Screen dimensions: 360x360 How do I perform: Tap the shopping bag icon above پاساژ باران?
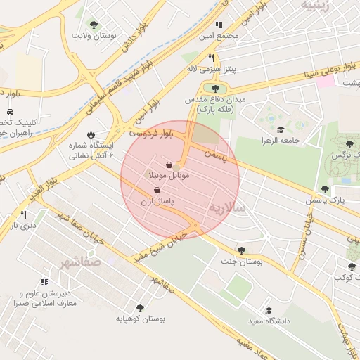[x=156, y=191]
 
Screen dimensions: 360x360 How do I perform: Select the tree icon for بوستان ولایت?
[x=94, y=25]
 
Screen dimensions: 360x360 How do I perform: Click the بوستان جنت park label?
[x=241, y=261]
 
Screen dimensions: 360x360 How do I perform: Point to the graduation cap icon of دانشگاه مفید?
[x=268, y=310]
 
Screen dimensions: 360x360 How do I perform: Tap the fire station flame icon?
[x=91, y=134]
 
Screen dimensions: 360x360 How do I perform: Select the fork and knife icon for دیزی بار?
[x=23, y=214]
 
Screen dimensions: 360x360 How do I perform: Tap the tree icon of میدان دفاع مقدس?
[x=214, y=89]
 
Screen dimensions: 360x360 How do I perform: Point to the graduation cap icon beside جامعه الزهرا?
[x=281, y=129]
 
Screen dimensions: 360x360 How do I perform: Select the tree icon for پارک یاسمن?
[x=325, y=189]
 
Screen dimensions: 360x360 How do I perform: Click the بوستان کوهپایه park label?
[x=142, y=319]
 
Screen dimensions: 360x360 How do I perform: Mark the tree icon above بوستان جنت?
[x=241, y=250]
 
